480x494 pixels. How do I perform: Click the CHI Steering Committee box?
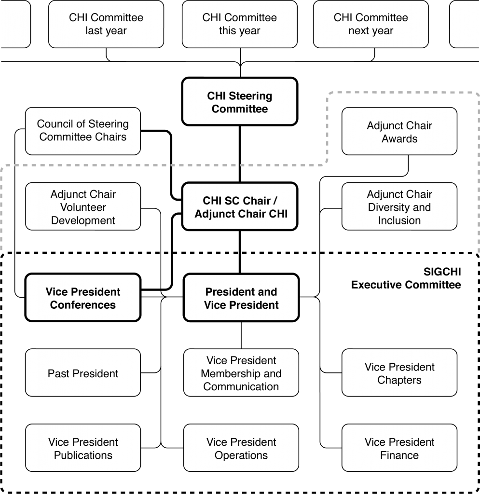click(x=240, y=101)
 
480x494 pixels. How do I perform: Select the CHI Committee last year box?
click(x=106, y=24)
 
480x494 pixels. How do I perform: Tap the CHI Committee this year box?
click(x=240, y=24)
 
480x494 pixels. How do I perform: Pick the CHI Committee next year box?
click(x=370, y=24)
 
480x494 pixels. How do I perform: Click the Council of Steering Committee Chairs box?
click(x=83, y=131)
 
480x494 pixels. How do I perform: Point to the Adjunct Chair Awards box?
click(x=399, y=131)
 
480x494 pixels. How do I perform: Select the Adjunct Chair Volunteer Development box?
click(x=83, y=206)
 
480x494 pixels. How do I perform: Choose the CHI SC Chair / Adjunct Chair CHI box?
click(x=240, y=206)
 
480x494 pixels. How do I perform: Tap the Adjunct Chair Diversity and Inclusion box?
click(x=399, y=206)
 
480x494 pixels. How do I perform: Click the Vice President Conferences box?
click(x=83, y=297)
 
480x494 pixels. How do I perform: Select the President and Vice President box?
click(x=241, y=297)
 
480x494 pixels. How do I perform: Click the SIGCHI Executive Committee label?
click(x=406, y=278)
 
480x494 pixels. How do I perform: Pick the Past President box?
click(x=83, y=373)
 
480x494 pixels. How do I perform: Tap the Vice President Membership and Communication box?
click(x=241, y=373)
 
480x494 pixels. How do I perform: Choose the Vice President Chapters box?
click(x=399, y=373)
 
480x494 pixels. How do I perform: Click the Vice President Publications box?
click(x=83, y=448)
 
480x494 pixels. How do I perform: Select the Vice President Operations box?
click(x=241, y=448)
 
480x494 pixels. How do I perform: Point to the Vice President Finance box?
click(x=399, y=448)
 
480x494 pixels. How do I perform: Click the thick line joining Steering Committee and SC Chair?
click(x=240, y=154)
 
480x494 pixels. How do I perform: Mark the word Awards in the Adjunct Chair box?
click(x=399, y=138)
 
